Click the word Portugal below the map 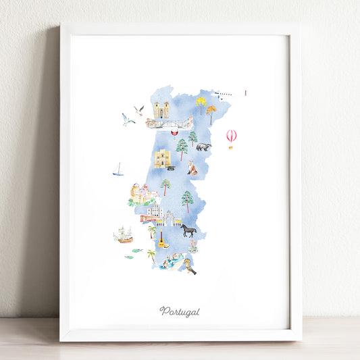click(180, 311)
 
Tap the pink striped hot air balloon click(232, 136)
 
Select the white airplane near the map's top click(223, 95)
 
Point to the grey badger click(204, 147)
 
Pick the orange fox click(192, 168)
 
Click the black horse click(188, 230)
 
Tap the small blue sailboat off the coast click(118, 170)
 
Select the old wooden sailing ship click(123, 235)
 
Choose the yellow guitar click(161, 241)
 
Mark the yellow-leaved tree click(201, 103)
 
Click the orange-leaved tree click(211, 112)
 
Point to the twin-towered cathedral click(161, 109)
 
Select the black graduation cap click(172, 168)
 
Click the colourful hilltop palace click(144, 195)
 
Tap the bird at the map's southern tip click(191, 268)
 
